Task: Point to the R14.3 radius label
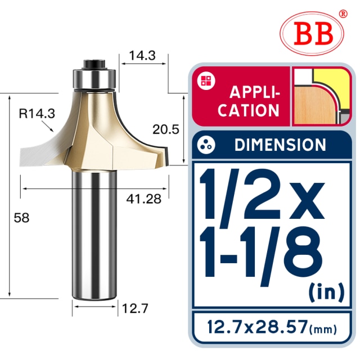[37, 114]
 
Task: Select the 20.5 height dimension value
[165, 129]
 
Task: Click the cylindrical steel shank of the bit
[94, 236]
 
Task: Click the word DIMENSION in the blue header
[280, 145]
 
